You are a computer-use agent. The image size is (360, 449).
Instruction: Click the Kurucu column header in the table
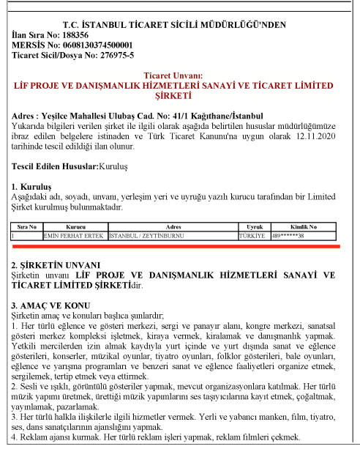(75, 228)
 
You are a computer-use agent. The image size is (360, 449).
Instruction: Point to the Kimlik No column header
(304, 228)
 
